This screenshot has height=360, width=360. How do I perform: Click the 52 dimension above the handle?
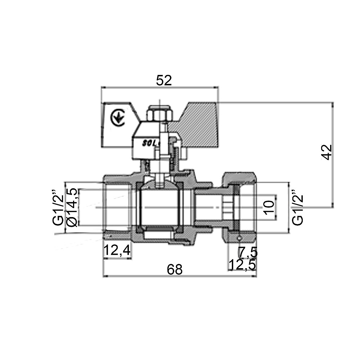tap(164, 81)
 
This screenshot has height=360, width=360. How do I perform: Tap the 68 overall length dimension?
tap(175, 270)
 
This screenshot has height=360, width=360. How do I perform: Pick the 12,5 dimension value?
tap(242, 265)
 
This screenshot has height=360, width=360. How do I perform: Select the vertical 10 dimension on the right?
tap(269, 207)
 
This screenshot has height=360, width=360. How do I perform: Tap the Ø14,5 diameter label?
tap(72, 207)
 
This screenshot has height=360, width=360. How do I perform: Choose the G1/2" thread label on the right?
tap(297, 207)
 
